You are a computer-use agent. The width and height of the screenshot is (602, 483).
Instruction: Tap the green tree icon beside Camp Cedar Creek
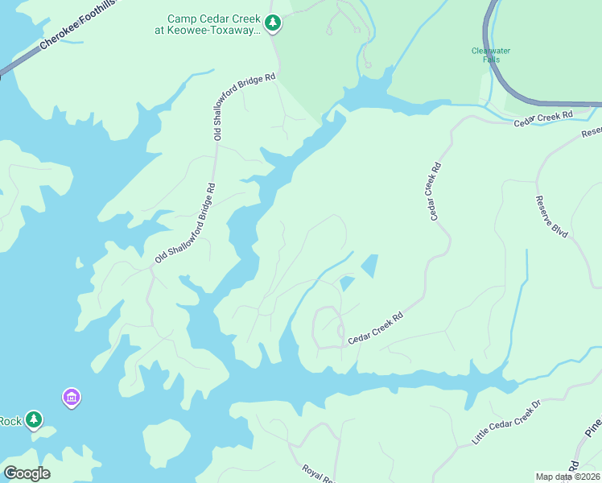coord(274,23)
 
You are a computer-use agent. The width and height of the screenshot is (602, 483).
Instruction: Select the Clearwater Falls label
coord(491,55)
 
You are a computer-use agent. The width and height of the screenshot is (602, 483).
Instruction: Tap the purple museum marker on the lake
coord(72,397)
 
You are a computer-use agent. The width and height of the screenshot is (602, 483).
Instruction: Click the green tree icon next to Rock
coord(33,419)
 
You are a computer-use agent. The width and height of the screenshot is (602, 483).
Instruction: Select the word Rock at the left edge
coord(10,421)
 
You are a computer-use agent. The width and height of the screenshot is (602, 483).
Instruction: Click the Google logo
coord(27,473)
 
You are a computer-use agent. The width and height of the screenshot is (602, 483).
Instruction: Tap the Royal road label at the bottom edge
coord(318,473)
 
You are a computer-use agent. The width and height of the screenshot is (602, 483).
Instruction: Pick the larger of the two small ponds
coord(369,266)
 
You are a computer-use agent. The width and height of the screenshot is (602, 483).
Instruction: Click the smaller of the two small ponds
coord(347,283)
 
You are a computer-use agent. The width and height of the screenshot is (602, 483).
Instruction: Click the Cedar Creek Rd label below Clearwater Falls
coord(543,117)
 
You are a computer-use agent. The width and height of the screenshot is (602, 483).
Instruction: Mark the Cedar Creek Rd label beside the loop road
coord(374,329)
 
